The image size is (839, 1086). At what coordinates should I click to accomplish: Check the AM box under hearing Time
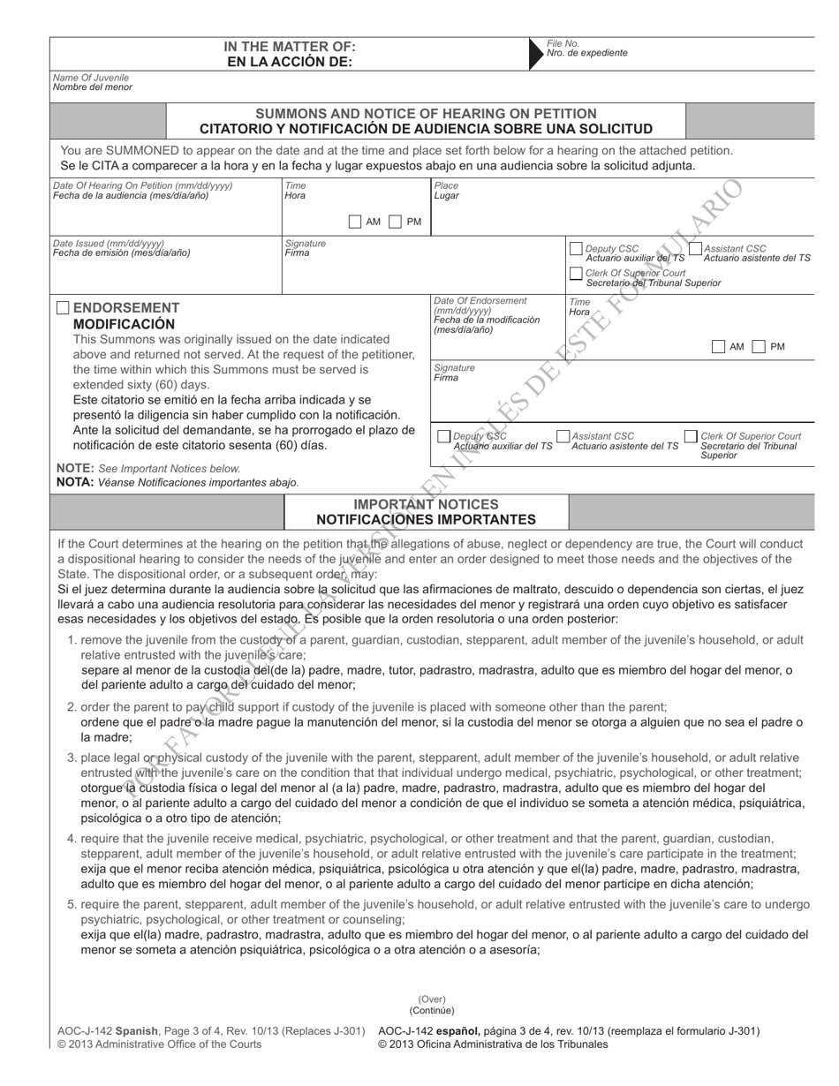[x=355, y=222]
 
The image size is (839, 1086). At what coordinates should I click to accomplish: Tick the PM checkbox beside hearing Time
[x=396, y=222]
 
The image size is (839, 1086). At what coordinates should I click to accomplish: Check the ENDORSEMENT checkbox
[x=63, y=308]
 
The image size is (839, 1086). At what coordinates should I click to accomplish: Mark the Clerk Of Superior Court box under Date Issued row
[x=576, y=274]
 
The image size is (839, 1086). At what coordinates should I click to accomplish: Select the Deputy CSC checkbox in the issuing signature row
[x=576, y=249]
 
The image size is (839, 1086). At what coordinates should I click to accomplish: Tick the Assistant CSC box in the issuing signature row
[x=694, y=249]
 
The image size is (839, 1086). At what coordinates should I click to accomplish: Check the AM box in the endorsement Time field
[x=718, y=346]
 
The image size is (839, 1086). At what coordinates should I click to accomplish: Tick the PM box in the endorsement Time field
[x=759, y=346]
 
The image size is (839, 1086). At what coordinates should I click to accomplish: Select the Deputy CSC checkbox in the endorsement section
[x=443, y=436]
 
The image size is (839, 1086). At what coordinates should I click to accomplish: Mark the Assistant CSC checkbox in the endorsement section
[x=563, y=436]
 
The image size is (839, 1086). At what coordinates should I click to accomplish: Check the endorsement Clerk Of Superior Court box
[x=691, y=436]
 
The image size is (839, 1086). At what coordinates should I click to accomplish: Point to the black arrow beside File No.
[x=535, y=53]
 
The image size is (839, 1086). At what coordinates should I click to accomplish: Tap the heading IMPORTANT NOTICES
[x=426, y=504]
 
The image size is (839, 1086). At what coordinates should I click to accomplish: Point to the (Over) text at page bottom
[x=432, y=999]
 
